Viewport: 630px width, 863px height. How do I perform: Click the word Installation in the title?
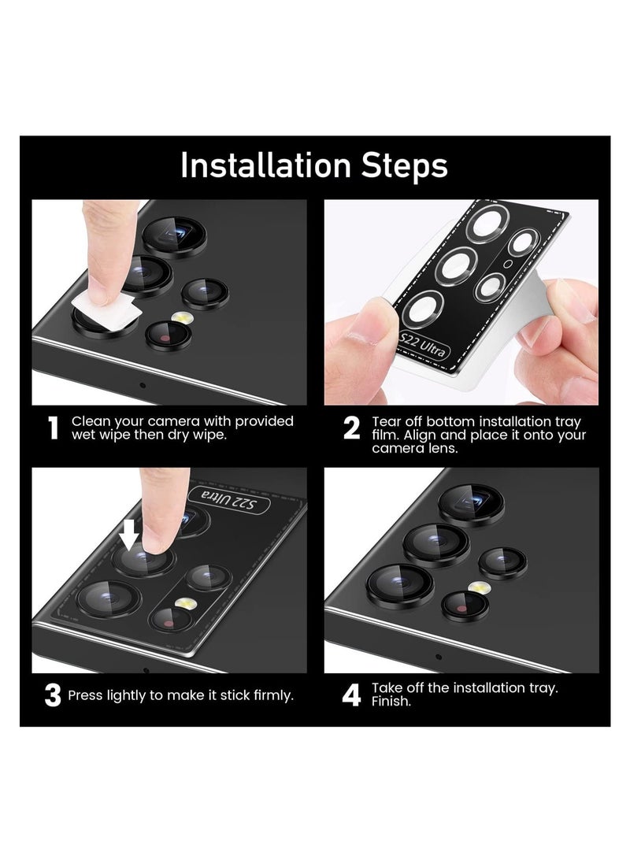pos(265,165)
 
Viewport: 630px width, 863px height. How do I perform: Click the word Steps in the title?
pos(405,165)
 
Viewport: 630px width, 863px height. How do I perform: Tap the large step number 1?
pos(54,428)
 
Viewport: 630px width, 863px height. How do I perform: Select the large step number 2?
pos(351,428)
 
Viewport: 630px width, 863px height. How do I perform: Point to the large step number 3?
pos(53,695)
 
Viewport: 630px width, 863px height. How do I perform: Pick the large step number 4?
pos(351,695)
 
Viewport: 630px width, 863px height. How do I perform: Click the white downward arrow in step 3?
pos(129,535)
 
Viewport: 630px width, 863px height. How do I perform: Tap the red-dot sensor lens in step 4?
pos(465,606)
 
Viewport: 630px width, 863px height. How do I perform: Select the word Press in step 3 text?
pos(85,696)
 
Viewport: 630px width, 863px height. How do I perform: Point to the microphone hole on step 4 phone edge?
pos(439,657)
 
